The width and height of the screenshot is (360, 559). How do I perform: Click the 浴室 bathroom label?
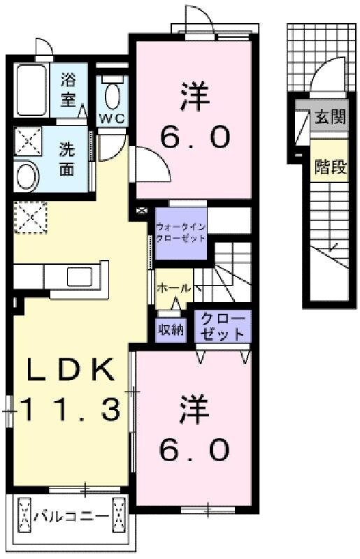[68, 89]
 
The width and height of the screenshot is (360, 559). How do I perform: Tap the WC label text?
[110, 118]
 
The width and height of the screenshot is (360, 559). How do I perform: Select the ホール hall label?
[171, 288]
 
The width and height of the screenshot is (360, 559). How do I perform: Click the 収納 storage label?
[171, 329]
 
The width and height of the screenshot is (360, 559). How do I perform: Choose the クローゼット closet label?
[223, 326]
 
